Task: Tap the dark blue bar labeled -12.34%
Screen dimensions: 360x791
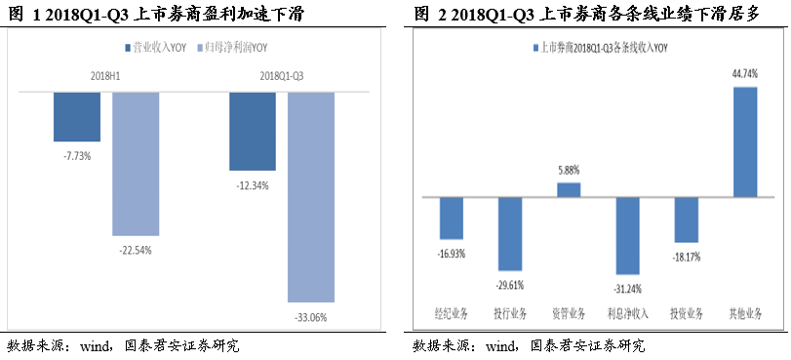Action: (x=252, y=131)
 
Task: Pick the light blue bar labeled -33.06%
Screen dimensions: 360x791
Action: (x=311, y=196)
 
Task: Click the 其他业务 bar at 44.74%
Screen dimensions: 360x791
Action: (x=744, y=141)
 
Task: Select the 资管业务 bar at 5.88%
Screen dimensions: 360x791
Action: (x=569, y=189)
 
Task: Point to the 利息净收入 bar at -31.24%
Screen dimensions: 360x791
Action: (x=627, y=235)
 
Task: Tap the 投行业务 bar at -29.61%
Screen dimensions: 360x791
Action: (x=510, y=233)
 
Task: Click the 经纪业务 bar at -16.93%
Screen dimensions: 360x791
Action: (x=452, y=218)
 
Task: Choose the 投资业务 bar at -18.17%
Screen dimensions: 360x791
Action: (x=686, y=220)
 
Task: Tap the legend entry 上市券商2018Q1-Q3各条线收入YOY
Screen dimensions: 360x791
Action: (x=599, y=47)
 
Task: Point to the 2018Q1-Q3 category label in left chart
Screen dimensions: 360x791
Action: (x=281, y=74)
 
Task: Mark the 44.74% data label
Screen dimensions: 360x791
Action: (x=744, y=74)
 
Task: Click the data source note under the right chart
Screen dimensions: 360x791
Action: (x=528, y=345)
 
